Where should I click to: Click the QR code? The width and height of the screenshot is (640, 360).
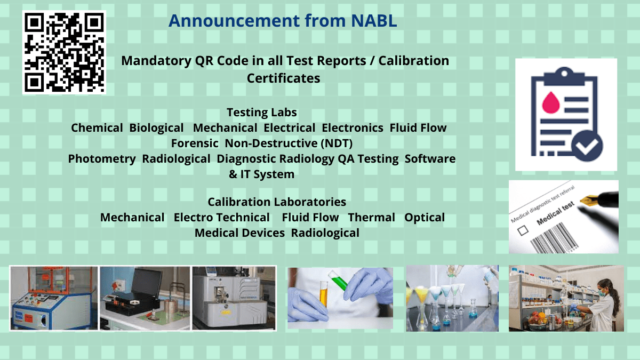[x=64, y=52]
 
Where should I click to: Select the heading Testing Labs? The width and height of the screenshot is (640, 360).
[x=261, y=113]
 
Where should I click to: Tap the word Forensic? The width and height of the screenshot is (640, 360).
[x=195, y=143]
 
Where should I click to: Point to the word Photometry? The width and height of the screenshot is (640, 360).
[x=102, y=159]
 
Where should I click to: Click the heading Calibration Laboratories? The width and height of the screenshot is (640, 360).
[x=277, y=202]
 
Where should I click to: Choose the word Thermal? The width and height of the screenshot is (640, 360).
[x=372, y=218]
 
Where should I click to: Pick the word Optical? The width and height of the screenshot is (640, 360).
[x=425, y=218]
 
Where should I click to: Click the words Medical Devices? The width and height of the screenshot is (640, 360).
[x=239, y=233]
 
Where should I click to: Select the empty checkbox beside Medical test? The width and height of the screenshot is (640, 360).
[x=524, y=230]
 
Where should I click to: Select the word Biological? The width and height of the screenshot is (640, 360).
[x=156, y=128]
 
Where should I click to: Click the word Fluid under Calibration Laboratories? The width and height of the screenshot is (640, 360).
[x=295, y=218]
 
